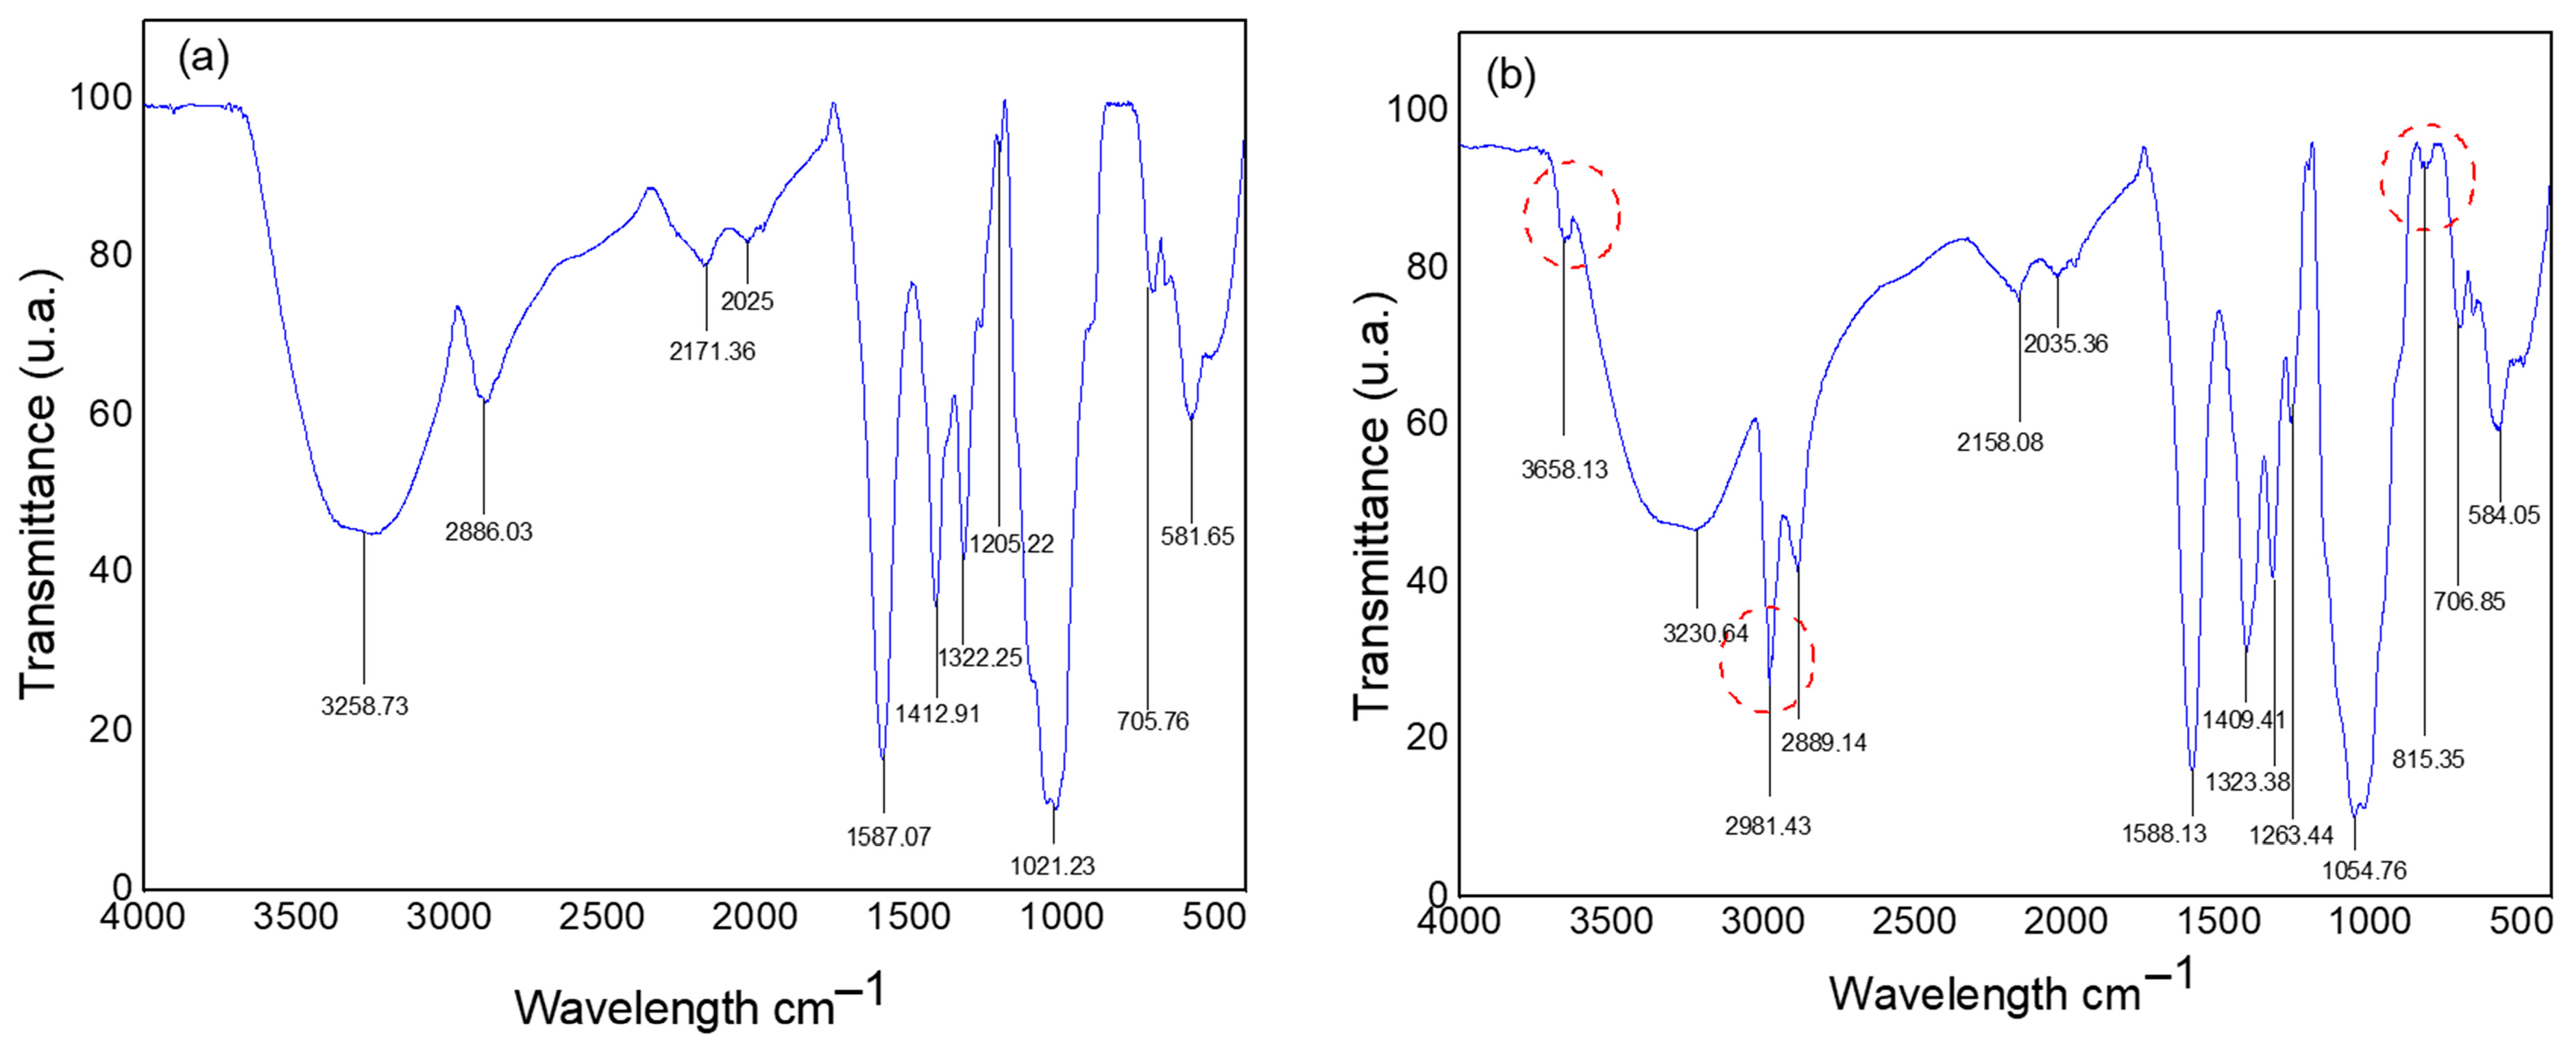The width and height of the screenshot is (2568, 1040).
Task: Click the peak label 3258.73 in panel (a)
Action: pos(364,707)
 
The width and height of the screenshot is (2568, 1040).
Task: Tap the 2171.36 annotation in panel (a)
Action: pos(712,351)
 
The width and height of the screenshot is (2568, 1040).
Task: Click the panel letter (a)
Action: pos(204,60)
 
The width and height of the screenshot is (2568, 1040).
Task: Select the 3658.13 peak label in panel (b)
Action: pos(1564,470)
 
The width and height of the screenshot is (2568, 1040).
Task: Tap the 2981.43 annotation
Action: pos(1768,825)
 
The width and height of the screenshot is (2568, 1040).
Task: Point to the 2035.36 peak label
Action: pos(2066,344)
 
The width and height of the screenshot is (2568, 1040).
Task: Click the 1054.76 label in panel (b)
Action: pos(2364,871)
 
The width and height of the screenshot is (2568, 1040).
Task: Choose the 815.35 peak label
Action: pos(2428,760)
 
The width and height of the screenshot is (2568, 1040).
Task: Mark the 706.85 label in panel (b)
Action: pos(2469,602)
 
